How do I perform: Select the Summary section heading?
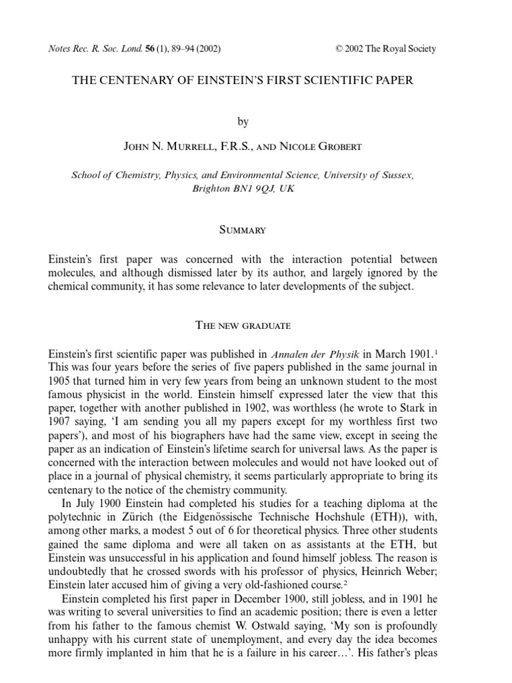[x=243, y=230]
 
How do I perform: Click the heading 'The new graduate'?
[x=243, y=325]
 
